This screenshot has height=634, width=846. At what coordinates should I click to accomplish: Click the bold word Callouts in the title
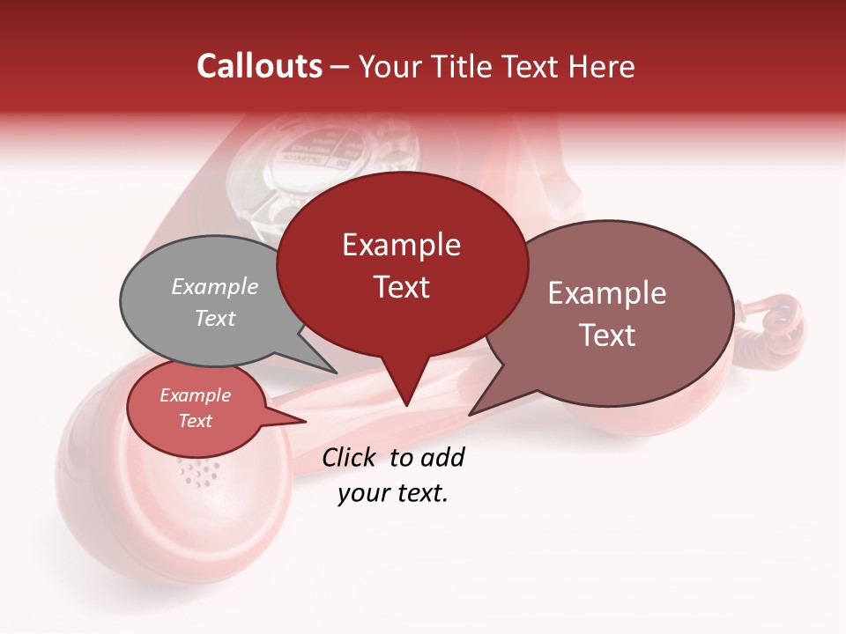coord(259,66)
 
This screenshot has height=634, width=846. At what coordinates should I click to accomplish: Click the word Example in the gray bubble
coord(215,287)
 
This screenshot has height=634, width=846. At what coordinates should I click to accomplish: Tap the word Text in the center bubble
coord(402,287)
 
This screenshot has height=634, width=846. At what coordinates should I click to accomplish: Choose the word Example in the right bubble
coord(607,293)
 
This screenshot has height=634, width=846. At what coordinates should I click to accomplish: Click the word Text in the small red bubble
coord(196,421)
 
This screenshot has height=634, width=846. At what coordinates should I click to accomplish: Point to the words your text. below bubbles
coord(393,493)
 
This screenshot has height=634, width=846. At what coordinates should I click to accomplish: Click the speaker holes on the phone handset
coord(198,474)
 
